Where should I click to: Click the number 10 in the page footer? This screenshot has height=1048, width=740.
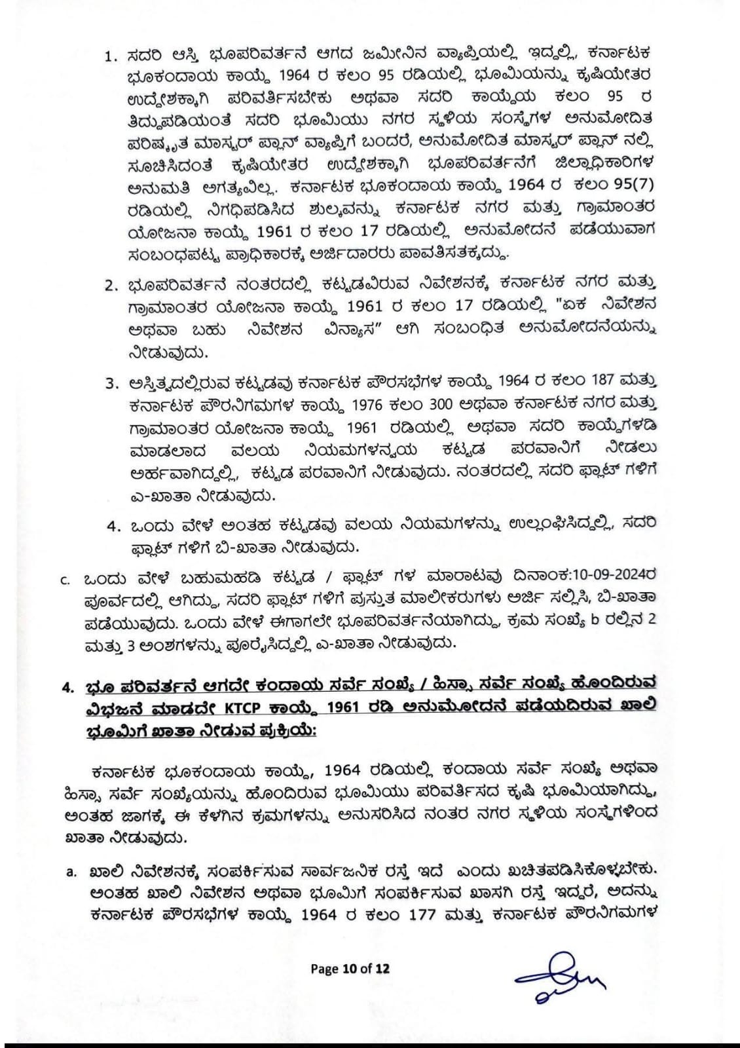(x=349, y=969)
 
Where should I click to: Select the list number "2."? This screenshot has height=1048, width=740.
(x=111, y=286)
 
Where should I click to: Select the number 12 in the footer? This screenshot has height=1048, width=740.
(x=382, y=969)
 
